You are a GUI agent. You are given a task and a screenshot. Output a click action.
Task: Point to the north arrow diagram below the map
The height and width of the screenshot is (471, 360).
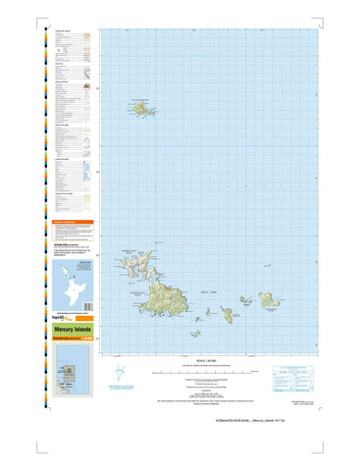121,373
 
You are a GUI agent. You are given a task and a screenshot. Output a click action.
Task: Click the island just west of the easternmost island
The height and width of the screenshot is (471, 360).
228,313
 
